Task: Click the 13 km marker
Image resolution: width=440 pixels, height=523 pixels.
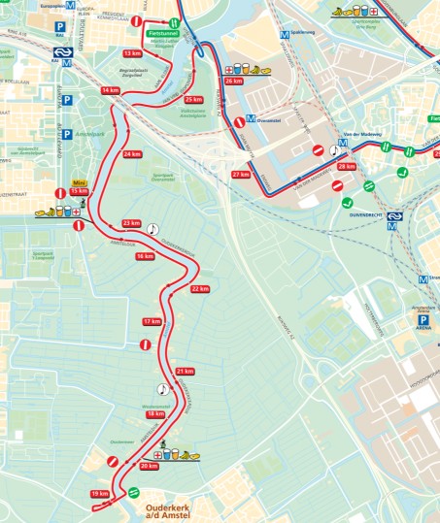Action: (x=133, y=53)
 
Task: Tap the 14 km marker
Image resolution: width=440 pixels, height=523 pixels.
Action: (x=110, y=90)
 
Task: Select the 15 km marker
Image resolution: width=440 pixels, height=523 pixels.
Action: (x=80, y=191)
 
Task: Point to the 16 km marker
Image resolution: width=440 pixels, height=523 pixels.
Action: (x=145, y=256)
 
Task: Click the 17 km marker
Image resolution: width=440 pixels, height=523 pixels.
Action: (x=152, y=321)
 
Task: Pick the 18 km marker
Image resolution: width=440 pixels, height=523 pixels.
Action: (x=155, y=414)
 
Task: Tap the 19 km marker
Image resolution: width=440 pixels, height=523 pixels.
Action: (x=100, y=494)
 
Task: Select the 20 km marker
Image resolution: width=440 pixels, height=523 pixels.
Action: (x=149, y=466)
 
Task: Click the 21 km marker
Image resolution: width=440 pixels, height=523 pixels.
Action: (x=186, y=372)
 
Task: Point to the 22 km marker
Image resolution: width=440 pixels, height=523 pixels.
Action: (x=200, y=289)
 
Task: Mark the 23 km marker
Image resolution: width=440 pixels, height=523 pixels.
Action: (x=132, y=224)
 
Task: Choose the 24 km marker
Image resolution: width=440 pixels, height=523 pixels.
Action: (x=133, y=155)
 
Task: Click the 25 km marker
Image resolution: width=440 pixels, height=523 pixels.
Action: (x=194, y=100)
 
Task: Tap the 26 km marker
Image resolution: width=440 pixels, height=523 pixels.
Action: (x=233, y=82)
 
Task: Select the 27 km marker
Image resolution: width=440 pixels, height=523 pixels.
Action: (x=241, y=175)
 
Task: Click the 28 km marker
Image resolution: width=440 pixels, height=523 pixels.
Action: (x=347, y=167)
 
